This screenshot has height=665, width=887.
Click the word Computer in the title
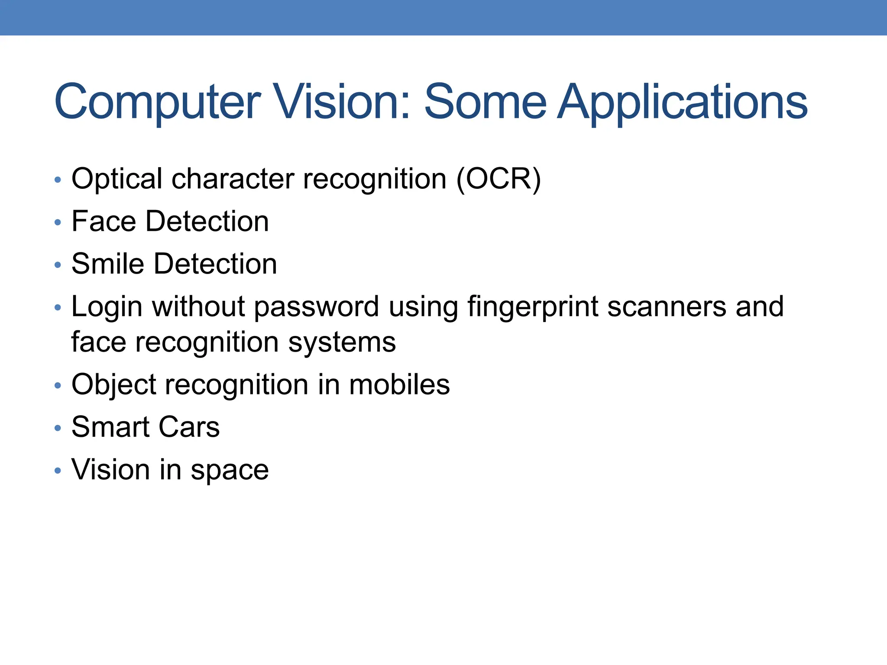(x=158, y=102)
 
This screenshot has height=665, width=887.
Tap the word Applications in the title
(x=683, y=102)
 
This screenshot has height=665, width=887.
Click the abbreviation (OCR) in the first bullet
(x=499, y=178)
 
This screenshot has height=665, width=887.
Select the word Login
(x=107, y=307)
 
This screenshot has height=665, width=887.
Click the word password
(x=316, y=307)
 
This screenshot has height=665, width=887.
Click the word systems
(x=342, y=342)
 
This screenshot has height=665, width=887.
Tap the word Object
(x=113, y=385)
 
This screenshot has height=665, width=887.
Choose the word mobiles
(x=399, y=385)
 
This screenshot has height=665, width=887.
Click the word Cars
(x=189, y=427)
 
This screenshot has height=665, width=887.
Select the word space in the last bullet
(x=230, y=470)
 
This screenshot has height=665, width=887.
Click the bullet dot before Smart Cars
(x=58, y=428)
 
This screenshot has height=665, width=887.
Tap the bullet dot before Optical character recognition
(x=58, y=180)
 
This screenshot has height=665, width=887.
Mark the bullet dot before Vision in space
(x=58, y=471)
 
